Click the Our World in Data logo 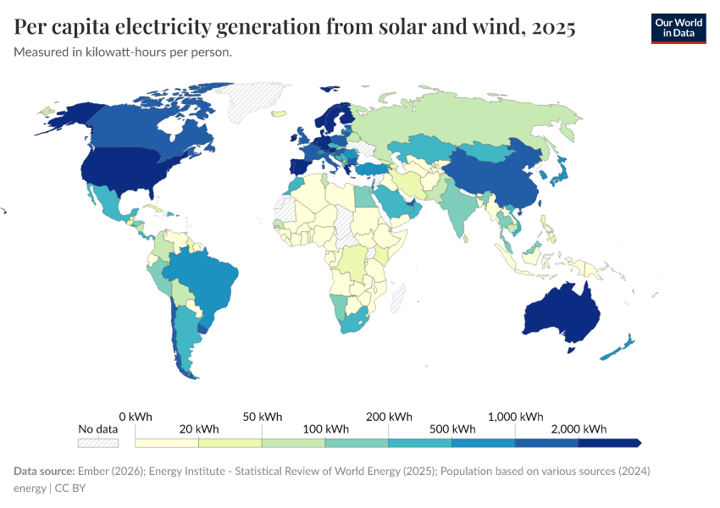click(678, 28)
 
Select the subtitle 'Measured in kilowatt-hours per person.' click(123, 52)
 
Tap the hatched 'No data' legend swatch click(97, 442)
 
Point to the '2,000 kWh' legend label click(579, 429)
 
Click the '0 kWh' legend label click(136, 417)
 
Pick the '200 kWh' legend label click(389, 417)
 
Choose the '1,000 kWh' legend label click(516, 417)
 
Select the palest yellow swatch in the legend click(167, 442)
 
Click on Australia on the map click(563, 313)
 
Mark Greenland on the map click(254, 102)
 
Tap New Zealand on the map click(623, 345)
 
